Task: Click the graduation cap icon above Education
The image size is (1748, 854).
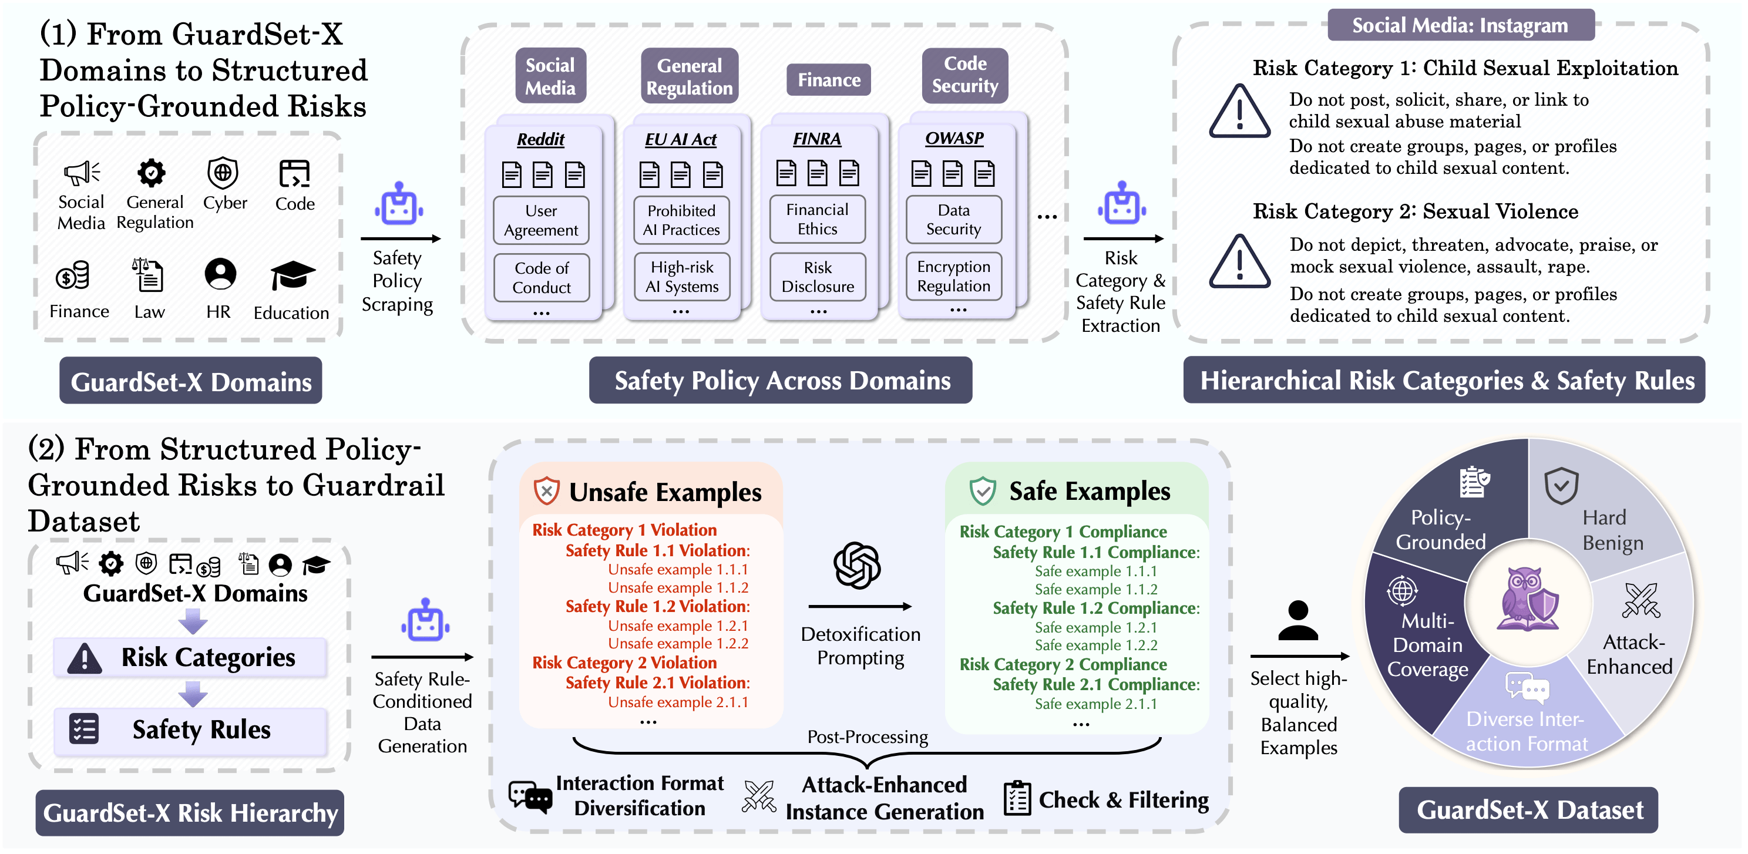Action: pyautogui.click(x=293, y=275)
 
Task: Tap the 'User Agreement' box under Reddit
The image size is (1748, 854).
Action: pyautogui.click(x=541, y=220)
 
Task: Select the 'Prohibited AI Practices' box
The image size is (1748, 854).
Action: pyautogui.click(x=681, y=220)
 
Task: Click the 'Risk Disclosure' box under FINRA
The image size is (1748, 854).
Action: pyautogui.click(x=818, y=277)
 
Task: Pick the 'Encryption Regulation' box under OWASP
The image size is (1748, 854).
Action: pyautogui.click(x=953, y=276)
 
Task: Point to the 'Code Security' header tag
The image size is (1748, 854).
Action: pyautogui.click(x=965, y=75)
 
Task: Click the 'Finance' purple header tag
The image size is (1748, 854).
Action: pyautogui.click(x=829, y=80)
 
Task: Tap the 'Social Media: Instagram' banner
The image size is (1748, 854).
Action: pyautogui.click(x=1460, y=26)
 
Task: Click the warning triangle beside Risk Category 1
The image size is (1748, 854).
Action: pyautogui.click(x=1239, y=112)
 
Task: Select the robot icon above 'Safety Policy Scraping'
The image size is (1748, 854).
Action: pyautogui.click(x=399, y=204)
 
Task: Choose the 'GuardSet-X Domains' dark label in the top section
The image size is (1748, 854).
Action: pyautogui.click(x=191, y=382)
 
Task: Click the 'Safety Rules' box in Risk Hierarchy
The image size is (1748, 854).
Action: pyautogui.click(x=191, y=730)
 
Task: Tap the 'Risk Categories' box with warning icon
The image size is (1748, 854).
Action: pyautogui.click(x=191, y=657)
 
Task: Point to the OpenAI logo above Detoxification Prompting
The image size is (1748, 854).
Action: pyautogui.click(x=857, y=565)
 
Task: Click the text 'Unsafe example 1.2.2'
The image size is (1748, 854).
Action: pyautogui.click(x=678, y=644)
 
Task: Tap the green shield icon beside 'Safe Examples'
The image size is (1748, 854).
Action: pyautogui.click(x=982, y=491)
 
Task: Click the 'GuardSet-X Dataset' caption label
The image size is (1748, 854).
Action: pyautogui.click(x=1529, y=810)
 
